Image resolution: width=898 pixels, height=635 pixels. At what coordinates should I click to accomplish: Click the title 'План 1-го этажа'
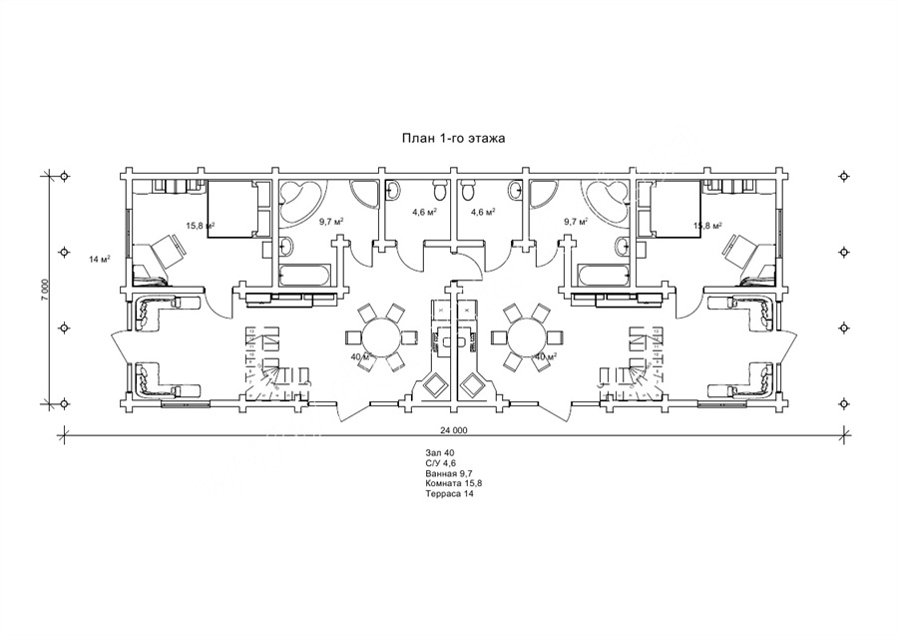452,138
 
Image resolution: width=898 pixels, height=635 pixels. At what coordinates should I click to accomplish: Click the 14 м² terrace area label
100,259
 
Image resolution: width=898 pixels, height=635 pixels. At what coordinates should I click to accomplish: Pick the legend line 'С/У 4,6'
440,463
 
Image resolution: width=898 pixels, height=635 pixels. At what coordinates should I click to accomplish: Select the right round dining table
526,337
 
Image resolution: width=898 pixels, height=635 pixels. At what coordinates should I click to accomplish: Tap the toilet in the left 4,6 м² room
440,190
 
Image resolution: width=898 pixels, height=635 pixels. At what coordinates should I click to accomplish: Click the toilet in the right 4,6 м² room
467,190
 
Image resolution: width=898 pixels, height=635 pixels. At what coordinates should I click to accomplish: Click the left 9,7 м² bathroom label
331,221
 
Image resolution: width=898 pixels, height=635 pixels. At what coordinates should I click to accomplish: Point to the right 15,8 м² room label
707,226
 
